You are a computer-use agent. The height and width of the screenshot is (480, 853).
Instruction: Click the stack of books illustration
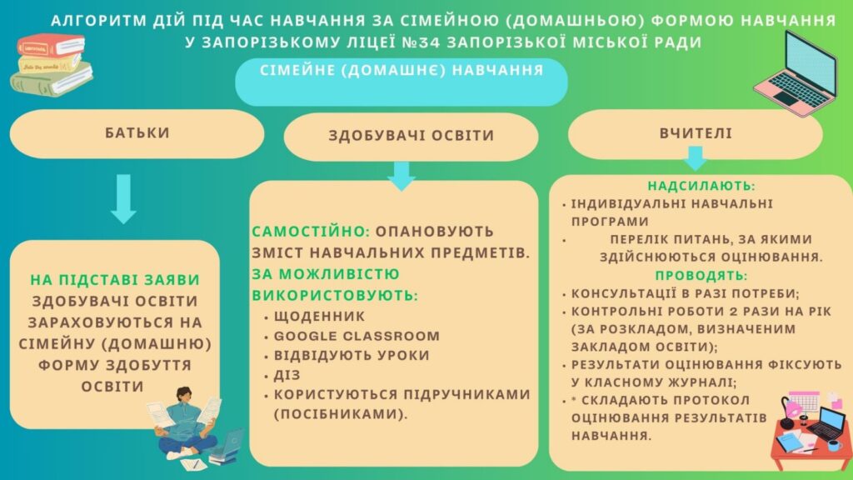(x=51, y=65)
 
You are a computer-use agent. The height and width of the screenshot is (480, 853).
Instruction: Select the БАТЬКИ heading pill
(x=137, y=133)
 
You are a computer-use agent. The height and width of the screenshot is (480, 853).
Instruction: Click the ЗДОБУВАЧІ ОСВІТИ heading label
(x=412, y=136)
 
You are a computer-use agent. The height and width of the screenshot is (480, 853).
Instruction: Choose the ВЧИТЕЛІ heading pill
(x=696, y=133)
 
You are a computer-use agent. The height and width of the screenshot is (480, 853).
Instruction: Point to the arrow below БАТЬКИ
(x=123, y=198)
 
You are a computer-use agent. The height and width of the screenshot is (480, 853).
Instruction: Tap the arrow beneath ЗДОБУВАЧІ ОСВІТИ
(x=402, y=176)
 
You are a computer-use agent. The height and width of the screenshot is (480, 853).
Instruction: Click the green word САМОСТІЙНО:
(x=311, y=232)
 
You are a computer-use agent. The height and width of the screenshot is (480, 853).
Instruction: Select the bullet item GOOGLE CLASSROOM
(x=357, y=337)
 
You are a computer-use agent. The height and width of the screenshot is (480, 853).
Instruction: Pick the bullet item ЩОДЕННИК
(x=319, y=316)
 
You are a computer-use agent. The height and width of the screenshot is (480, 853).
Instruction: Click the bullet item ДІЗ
(x=287, y=375)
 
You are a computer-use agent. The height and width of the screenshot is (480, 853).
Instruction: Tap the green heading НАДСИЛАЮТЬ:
(x=701, y=186)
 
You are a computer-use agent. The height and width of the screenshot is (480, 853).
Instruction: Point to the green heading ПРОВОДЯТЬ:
(x=701, y=275)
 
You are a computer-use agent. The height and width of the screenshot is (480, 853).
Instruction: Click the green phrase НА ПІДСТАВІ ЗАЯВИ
(x=115, y=280)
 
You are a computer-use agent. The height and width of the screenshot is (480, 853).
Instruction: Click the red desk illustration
(x=811, y=431)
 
